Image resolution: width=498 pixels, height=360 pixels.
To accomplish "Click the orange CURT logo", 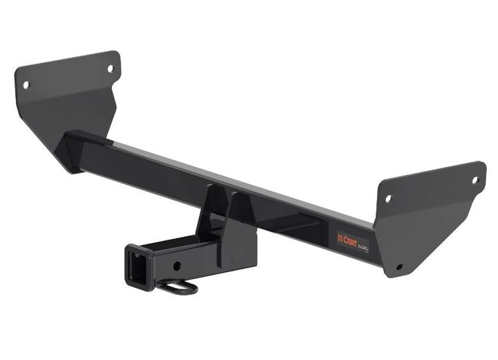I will (x=346, y=238).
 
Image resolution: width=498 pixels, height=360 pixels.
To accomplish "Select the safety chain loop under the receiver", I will (x=181, y=286).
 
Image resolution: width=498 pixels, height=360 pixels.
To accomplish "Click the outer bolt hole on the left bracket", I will (x=26, y=85).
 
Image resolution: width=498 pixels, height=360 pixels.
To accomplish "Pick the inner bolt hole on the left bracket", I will (x=109, y=69).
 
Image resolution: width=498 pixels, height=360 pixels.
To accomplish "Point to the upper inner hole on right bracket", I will (x=388, y=199).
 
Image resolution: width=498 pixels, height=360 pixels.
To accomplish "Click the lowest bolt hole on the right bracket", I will (x=399, y=267).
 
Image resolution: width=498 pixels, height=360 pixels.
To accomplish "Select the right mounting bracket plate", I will (x=429, y=215).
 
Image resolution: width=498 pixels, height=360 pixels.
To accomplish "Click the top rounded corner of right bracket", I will (x=480, y=165).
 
